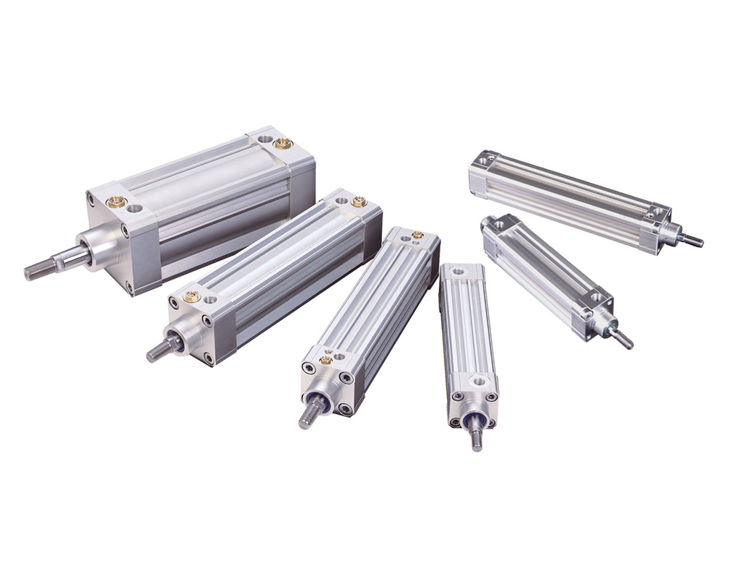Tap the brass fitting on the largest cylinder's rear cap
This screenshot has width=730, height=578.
(283, 143)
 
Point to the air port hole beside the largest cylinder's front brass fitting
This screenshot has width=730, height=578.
(135, 209)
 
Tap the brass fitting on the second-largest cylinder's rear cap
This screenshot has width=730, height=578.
(358, 202)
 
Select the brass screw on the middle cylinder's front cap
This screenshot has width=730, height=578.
(326, 359)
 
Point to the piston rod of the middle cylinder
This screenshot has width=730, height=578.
(308, 414)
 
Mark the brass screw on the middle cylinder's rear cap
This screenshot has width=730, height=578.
(417, 235)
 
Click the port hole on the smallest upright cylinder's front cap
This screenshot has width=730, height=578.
(477, 381)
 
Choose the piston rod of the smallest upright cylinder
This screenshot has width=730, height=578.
(477, 436)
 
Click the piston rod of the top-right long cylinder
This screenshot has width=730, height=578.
(692, 241)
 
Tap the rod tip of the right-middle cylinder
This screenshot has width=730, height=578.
(624, 340)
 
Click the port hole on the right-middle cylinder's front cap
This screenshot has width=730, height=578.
(596, 297)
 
